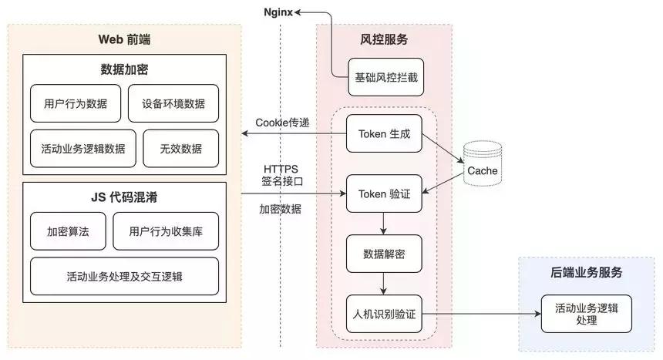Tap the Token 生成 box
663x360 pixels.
(384, 134)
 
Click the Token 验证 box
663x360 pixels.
(384, 193)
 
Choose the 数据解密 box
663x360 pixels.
(384, 254)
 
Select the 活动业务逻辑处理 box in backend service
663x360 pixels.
(586, 313)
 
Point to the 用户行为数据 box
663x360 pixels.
(75, 104)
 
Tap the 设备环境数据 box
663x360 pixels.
(173, 104)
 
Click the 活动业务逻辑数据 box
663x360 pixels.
(83, 149)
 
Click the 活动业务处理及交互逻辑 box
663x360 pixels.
(124, 276)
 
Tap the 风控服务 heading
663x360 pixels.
(384, 39)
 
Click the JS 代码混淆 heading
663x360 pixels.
(124, 197)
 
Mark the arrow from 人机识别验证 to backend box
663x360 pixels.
(478, 313)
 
